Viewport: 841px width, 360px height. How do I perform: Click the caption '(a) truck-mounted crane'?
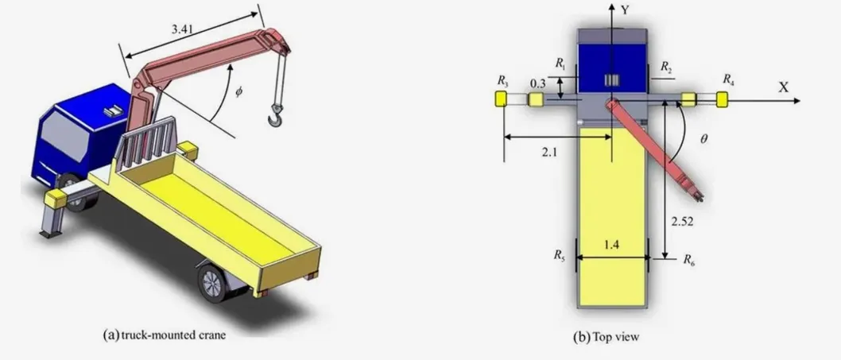coord(165,335)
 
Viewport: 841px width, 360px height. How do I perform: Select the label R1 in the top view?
coord(560,62)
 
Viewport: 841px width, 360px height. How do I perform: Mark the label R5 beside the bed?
coord(560,257)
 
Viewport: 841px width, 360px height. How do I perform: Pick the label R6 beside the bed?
coord(689,258)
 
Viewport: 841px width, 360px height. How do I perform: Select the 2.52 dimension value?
coord(682,223)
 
